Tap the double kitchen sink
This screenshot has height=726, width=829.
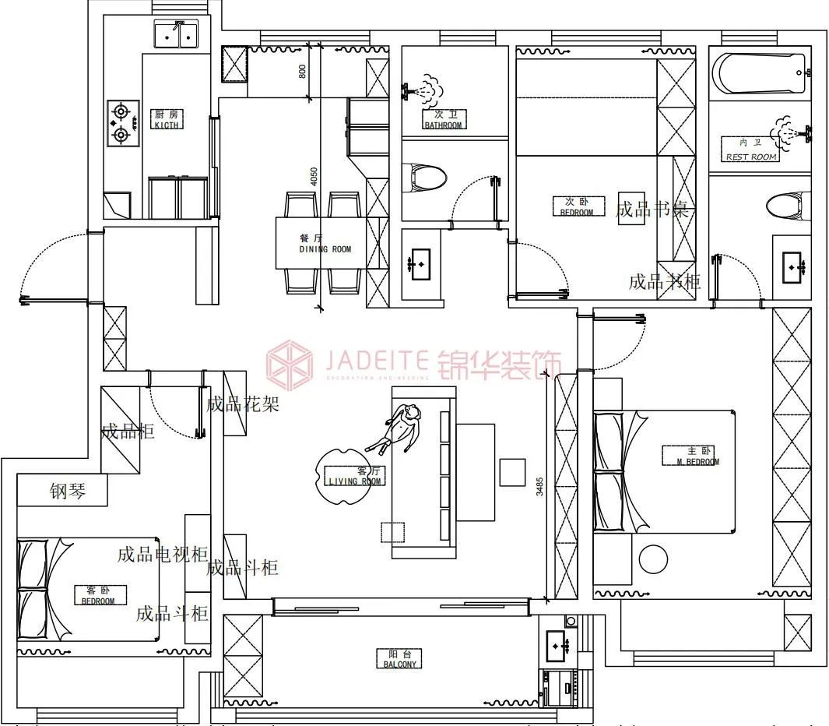[176, 34]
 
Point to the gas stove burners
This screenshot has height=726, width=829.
[121, 123]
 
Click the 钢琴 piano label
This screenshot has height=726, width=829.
[68, 492]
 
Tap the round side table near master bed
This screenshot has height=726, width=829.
[653, 559]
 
